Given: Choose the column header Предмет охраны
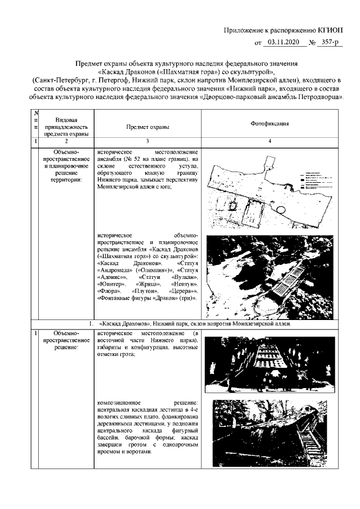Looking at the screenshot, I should coord(147,127).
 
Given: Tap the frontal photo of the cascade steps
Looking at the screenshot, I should coord(264,362).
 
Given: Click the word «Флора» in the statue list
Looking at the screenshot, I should coord(107,291).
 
